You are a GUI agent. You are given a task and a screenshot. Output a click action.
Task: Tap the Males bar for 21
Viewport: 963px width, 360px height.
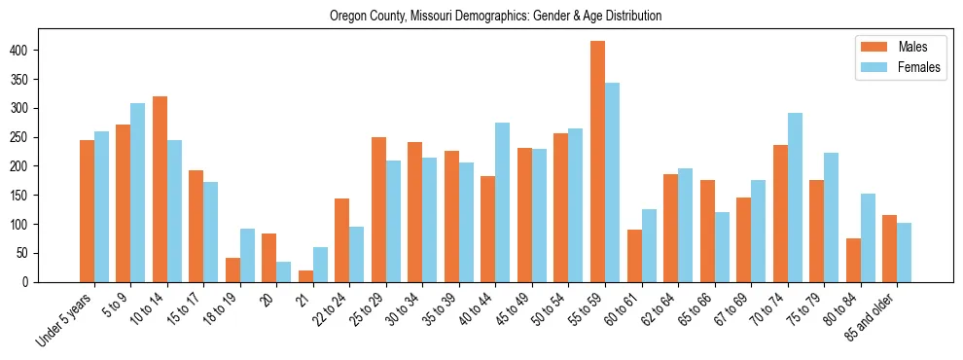click(x=305, y=276)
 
